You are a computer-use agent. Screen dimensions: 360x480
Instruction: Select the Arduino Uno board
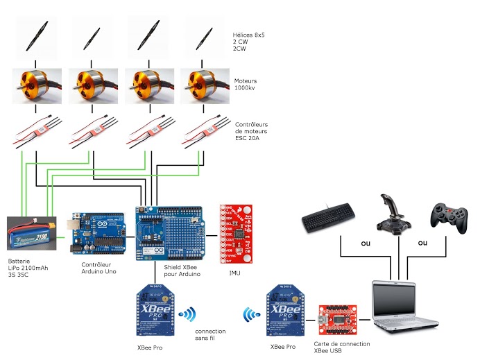point(99,234)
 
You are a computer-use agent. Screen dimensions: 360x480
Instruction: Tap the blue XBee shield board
point(169,232)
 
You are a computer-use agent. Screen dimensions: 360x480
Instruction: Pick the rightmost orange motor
point(206,85)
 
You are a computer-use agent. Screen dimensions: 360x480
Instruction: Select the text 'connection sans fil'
point(210,336)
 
